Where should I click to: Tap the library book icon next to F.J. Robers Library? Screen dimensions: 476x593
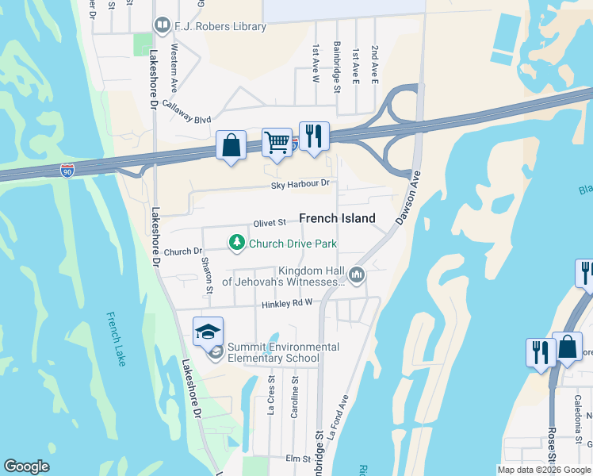coord(163,26)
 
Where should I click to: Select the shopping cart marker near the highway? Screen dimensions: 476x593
coord(277,144)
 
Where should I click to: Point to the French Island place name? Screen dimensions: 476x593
coord(337,218)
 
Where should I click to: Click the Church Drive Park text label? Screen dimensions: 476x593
coord(293,244)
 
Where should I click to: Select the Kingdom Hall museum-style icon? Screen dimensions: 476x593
coord(357,275)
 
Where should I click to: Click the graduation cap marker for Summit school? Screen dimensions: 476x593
coord(208,331)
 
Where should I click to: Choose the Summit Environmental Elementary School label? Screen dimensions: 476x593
coord(282,352)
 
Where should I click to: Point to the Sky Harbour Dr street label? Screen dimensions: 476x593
coord(300,184)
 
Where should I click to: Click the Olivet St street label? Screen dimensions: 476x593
coord(269,224)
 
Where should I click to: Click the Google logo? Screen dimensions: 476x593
coord(26,466)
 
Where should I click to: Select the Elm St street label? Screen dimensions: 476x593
coord(297,459)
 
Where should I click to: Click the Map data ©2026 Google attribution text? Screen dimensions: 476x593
coord(544,469)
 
